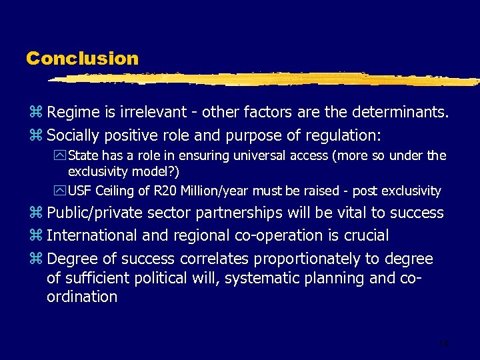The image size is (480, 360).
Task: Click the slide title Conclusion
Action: coord(82,59)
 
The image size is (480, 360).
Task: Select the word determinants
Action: coord(403,112)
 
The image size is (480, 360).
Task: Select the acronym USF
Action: coord(81,191)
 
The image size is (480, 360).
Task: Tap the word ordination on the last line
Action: coord(81,297)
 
